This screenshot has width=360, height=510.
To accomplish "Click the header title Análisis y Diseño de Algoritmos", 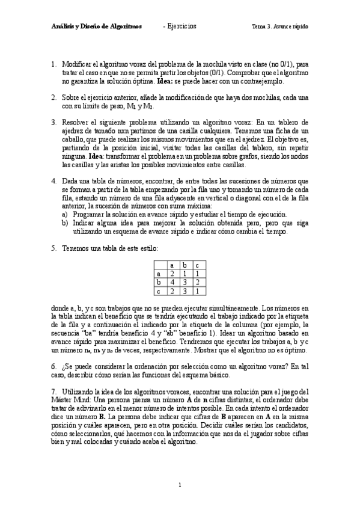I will coord(96,27).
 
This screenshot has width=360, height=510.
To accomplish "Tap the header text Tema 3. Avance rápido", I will coord(279,27).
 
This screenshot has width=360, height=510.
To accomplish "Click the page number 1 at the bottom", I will coord(180,485).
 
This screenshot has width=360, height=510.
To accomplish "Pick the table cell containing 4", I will coord(172,281).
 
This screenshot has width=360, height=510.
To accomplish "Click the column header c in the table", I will coord(198,265).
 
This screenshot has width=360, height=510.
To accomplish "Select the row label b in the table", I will coord(159,281).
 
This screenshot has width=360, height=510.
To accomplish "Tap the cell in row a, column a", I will coord(172,273).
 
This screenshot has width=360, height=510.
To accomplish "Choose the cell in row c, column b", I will coord(185,290).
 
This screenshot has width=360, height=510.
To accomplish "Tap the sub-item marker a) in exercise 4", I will coord(65,214).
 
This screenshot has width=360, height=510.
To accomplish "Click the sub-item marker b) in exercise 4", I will coord(65,223).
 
